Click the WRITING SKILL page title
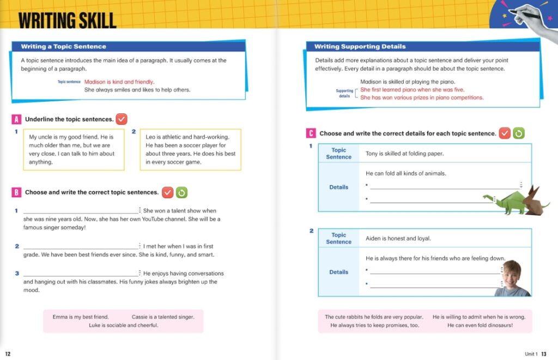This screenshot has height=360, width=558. [67, 20]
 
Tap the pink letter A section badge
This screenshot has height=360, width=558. [16, 119]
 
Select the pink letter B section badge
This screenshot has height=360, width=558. [16, 192]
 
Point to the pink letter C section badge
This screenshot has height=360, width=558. [311, 133]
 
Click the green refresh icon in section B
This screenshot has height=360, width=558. [182, 192]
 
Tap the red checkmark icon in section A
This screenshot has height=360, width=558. [122, 119]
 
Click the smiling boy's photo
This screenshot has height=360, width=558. [512, 278]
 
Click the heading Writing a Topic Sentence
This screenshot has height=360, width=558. [63, 47]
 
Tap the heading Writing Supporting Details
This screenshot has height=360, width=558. [360, 47]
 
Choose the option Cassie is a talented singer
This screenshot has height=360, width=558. [163, 316]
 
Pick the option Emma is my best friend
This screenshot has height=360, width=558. [81, 316]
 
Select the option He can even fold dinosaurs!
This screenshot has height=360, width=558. [480, 325]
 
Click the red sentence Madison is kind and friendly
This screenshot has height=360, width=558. [119, 82]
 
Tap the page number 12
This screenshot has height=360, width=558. [8, 353]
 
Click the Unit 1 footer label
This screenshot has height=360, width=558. [531, 353]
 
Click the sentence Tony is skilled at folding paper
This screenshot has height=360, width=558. [404, 154]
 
